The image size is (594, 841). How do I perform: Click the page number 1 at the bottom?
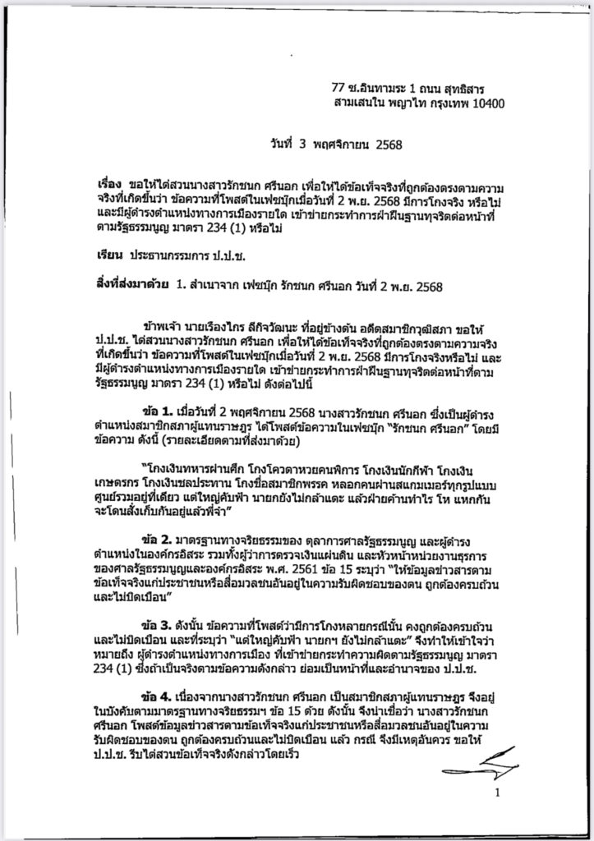(x=497, y=793)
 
